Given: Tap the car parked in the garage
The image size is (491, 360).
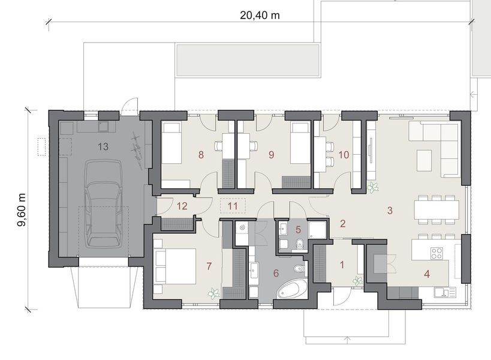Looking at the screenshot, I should (x=104, y=204).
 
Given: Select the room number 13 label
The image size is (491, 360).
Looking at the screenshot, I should (x=103, y=146).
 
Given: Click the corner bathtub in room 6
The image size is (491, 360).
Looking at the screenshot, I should (x=292, y=289).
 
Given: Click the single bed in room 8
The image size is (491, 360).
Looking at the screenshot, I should (x=173, y=142).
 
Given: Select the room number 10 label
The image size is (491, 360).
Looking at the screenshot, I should (x=344, y=155).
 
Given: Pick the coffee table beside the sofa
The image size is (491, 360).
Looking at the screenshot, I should (x=424, y=159).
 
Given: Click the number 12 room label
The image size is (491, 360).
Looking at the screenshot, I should (x=182, y=206).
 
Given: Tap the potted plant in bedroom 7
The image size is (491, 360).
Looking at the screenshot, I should (x=213, y=293).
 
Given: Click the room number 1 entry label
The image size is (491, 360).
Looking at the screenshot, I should (x=342, y=263).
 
